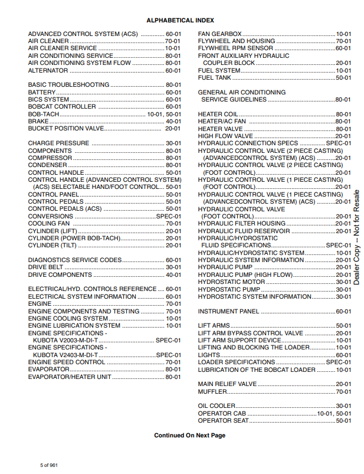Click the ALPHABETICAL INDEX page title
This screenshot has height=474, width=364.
pyautogui.click(x=182, y=20)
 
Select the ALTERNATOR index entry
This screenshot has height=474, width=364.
pyautogui.click(x=48, y=70)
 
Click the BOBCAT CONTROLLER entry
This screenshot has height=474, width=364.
pyautogui.click(x=61, y=107)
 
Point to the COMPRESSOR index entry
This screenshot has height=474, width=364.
pyautogui.click(x=50, y=158)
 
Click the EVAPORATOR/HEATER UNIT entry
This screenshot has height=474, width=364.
pyautogui.click(x=70, y=377)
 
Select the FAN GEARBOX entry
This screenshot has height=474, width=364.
pyautogui.click(x=219, y=34)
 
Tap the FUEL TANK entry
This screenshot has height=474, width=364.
pyautogui.click(x=215, y=77)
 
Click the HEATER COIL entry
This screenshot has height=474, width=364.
pyautogui.click(x=218, y=114)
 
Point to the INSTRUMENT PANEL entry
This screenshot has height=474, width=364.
pyautogui.click(x=228, y=311)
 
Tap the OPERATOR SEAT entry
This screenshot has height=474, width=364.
pyautogui.click(x=222, y=420)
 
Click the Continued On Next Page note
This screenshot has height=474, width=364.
pyautogui.click(x=189, y=436)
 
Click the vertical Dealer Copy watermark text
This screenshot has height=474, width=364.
pyautogui.click(x=356, y=236)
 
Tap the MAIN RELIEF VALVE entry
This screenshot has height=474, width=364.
pyautogui.click(x=227, y=384)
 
